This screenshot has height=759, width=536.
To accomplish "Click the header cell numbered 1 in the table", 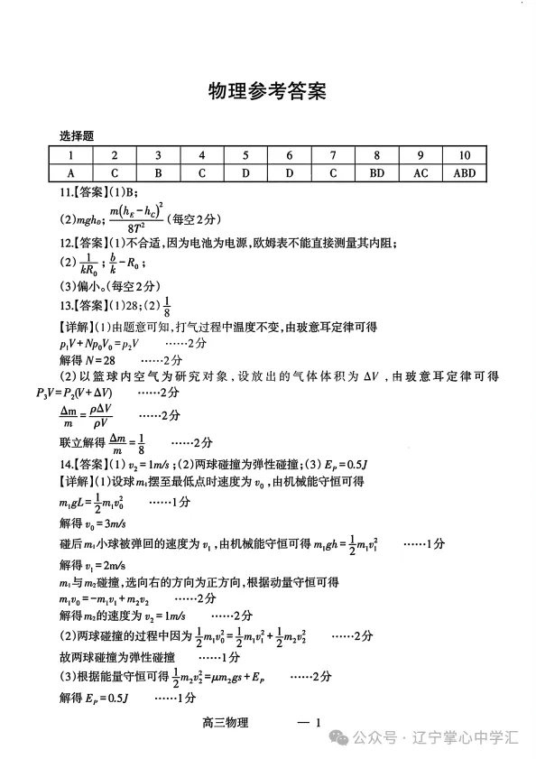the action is [x=70, y=155].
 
